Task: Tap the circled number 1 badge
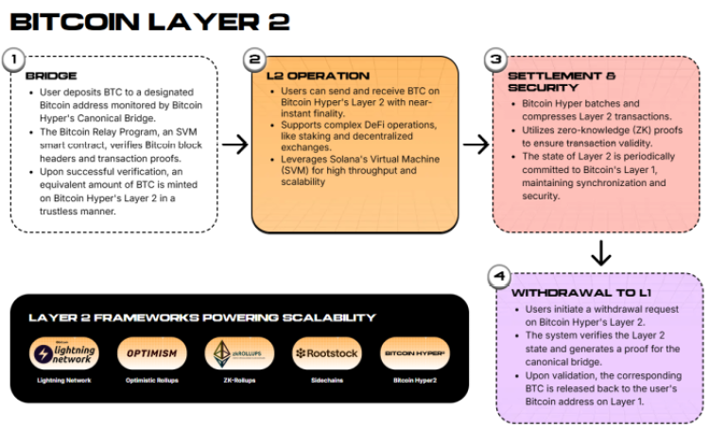coord(13,60)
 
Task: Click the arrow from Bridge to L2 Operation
coord(234,145)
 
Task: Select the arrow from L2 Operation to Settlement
coord(476,145)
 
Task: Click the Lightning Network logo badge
coord(63,354)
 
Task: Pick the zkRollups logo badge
coord(239,354)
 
